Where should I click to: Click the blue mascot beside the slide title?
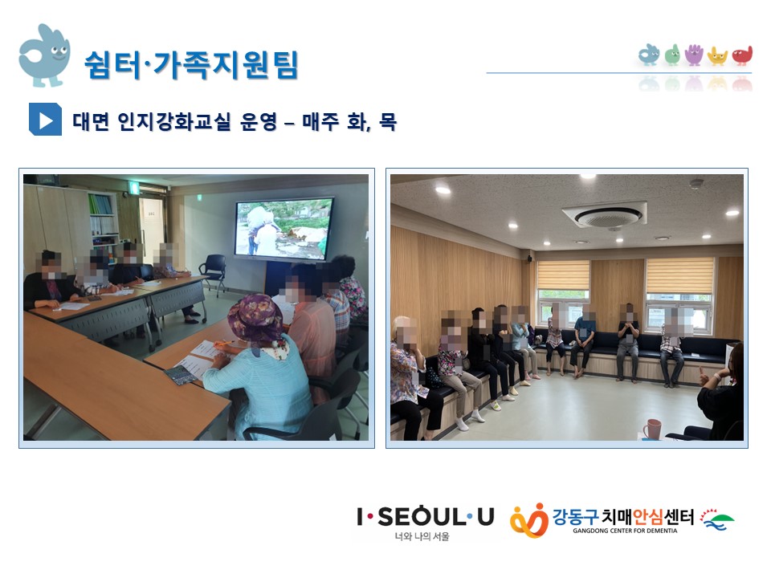point(43,55)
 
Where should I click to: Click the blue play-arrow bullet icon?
point(45,119)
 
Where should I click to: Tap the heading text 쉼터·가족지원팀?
point(191,64)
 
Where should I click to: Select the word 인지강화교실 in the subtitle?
point(173,121)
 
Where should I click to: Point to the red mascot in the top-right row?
point(742,55)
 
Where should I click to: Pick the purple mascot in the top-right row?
point(694,55)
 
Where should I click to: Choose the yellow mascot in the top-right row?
point(717,56)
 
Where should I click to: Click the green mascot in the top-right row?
point(672,55)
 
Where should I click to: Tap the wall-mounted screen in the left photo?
point(284,228)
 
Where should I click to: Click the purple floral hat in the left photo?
point(256,319)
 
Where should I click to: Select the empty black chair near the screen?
point(214,273)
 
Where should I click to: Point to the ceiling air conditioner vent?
point(606,214)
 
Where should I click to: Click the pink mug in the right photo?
point(651,429)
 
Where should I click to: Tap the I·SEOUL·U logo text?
point(425,517)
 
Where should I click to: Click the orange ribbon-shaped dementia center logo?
point(529,520)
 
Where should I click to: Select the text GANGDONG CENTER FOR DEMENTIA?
point(625,531)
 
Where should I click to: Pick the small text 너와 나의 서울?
point(422,537)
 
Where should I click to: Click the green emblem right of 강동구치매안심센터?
point(716,520)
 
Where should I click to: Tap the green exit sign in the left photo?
point(133,186)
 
